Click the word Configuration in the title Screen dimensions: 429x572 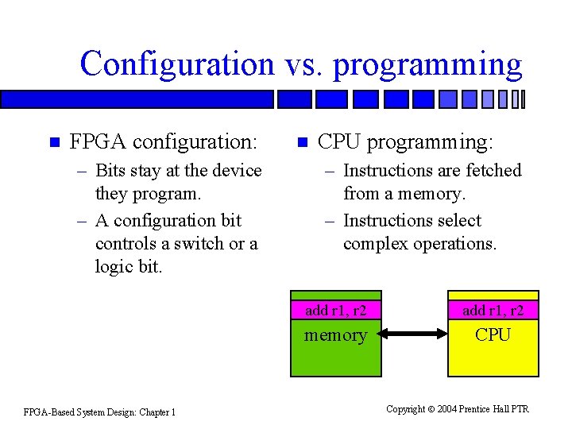click(176, 64)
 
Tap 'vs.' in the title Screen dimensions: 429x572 click(303, 64)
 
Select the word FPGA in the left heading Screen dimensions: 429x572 click(99, 142)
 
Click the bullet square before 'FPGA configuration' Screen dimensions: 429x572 click(54, 143)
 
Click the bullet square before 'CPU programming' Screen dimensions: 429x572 click(302, 143)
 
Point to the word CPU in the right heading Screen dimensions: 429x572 click(339, 142)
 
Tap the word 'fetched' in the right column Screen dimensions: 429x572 click(493, 170)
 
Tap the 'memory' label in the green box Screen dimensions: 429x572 click(336, 334)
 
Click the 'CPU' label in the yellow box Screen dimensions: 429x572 click(493, 334)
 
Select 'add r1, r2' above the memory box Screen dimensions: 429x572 click(335, 310)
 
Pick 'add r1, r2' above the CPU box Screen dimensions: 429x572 click(493, 310)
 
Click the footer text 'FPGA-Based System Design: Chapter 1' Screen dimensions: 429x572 click(99, 412)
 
